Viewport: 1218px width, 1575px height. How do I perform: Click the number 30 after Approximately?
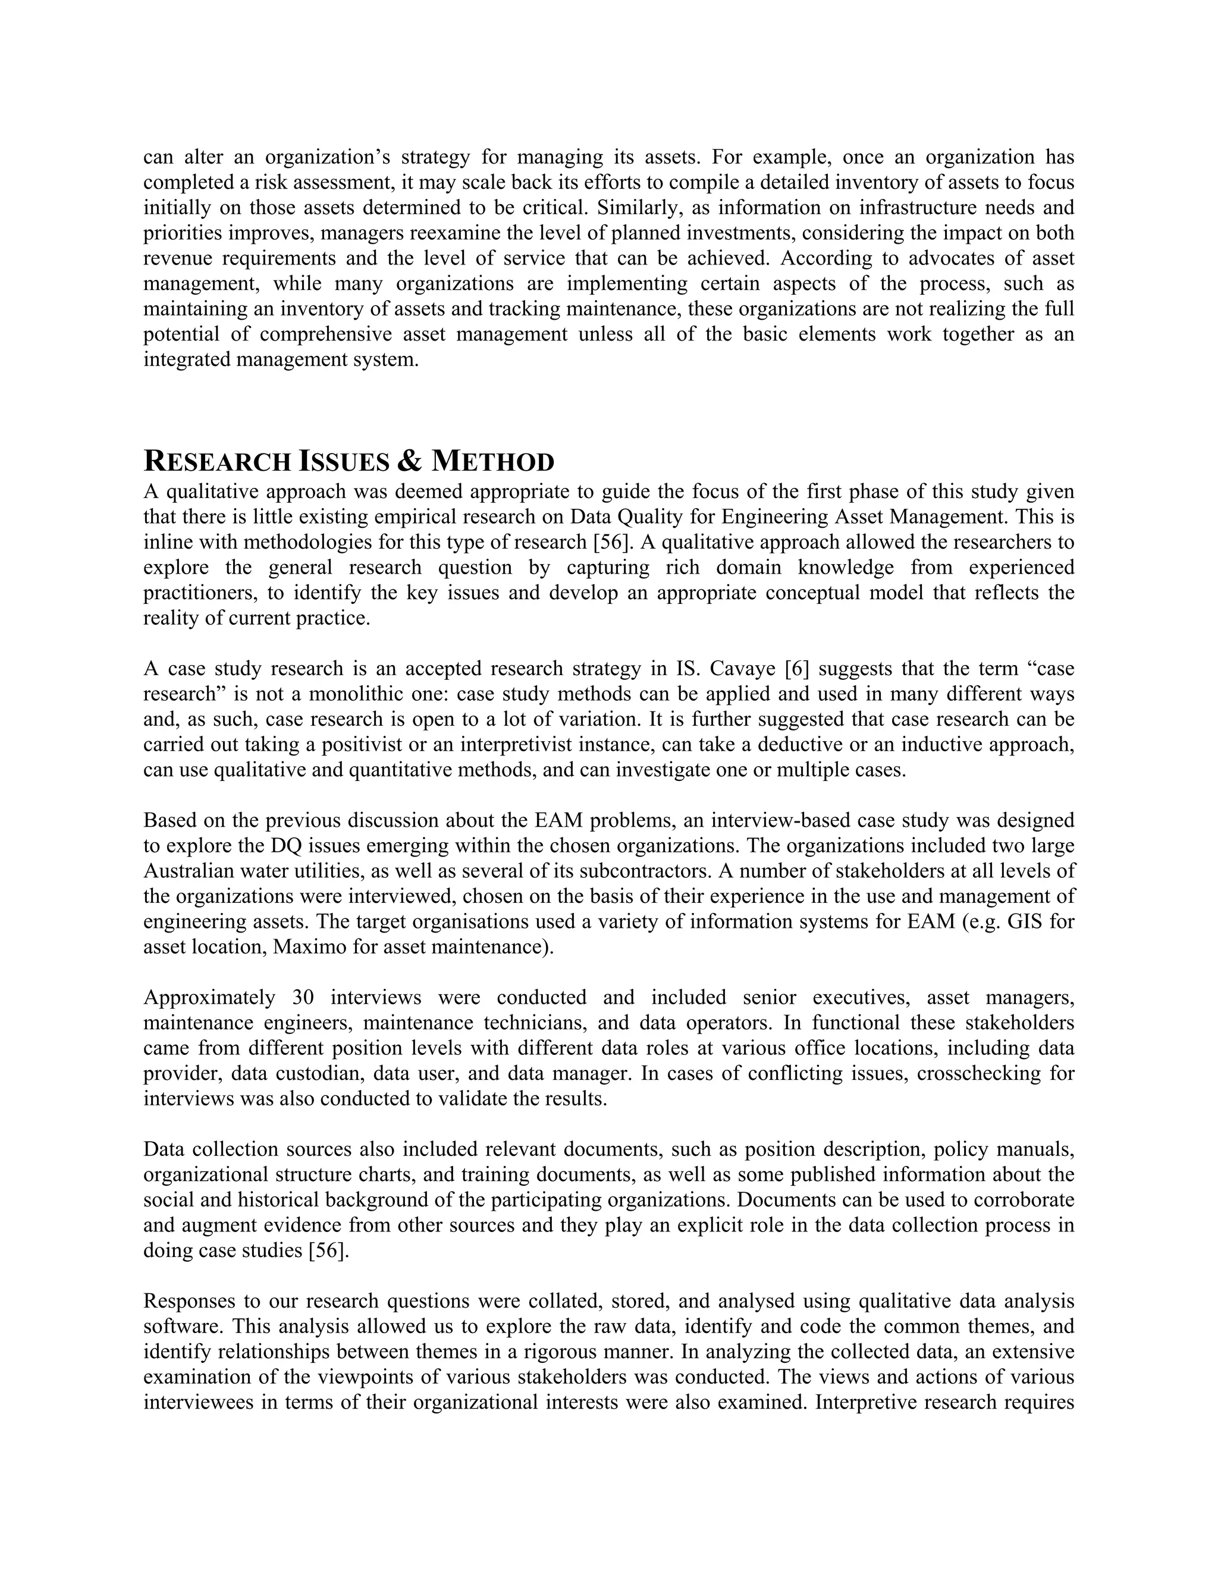click(x=303, y=997)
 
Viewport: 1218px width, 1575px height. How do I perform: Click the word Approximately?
click(x=209, y=997)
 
